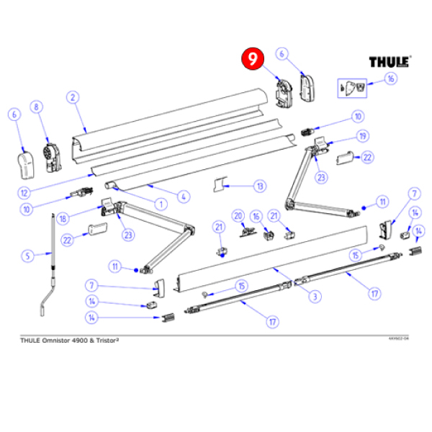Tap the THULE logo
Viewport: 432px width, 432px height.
coord(390,62)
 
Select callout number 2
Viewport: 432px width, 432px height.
coord(72,98)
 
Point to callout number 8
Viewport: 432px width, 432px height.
coord(37,107)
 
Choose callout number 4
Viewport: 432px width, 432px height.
coord(184,197)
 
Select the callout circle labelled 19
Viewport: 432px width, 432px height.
coord(363,135)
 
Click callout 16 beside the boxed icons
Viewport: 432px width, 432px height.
coord(390,78)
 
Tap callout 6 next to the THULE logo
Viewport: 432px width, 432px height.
coord(282,53)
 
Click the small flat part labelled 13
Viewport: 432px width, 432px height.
coord(220,186)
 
